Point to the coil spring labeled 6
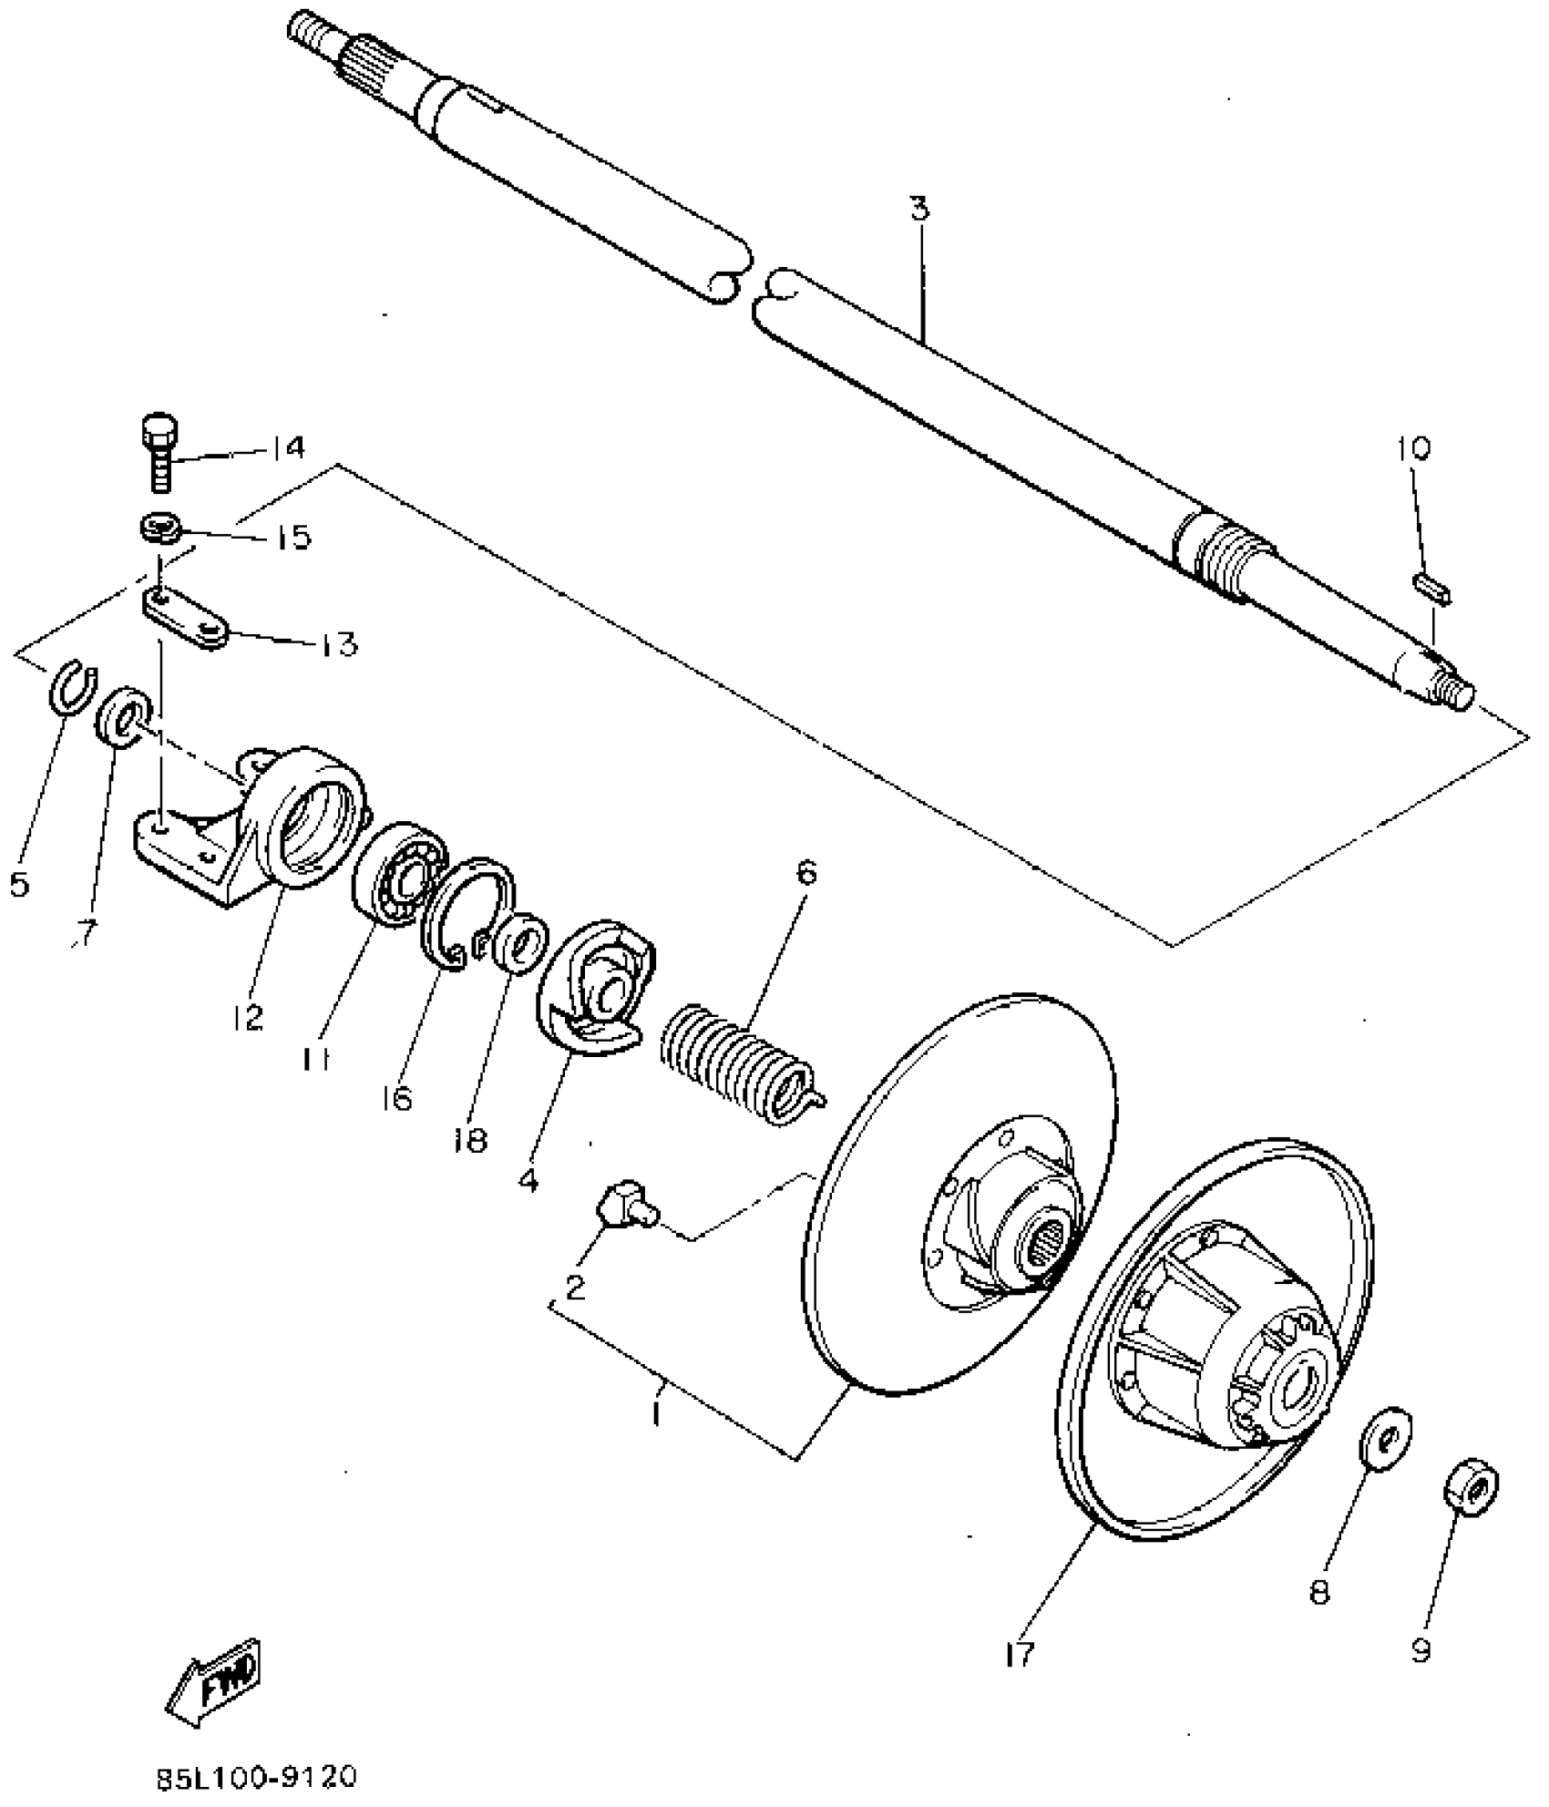tap(739, 1060)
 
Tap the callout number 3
tap(919, 210)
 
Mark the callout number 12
tap(248, 1016)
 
